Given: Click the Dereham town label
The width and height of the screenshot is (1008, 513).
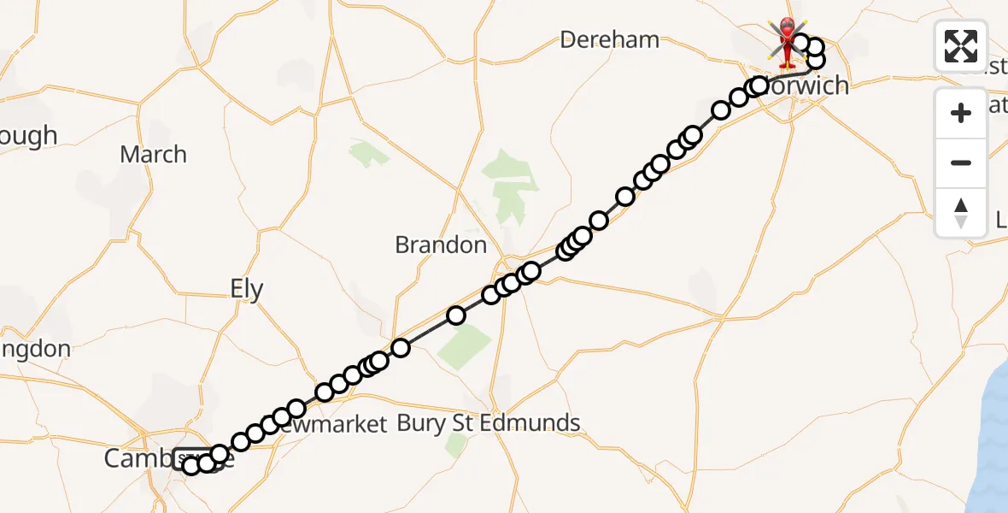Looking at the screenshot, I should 610,39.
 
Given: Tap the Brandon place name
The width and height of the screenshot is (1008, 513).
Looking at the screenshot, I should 440,245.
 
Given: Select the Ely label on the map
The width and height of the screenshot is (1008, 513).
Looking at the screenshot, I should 247,289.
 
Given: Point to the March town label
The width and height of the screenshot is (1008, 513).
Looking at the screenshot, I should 153,155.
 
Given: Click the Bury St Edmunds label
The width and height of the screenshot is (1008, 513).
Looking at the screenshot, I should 489,422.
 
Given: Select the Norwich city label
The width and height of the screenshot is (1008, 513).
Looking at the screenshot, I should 807,85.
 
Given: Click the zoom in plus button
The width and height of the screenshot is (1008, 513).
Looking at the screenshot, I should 961,113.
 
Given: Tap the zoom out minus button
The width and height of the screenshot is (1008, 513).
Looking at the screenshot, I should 961,162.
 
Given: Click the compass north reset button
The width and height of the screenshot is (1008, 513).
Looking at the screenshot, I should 961,211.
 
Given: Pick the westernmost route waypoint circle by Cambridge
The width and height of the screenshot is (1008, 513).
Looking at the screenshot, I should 191,465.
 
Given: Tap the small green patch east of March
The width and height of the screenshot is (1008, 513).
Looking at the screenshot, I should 367,154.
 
